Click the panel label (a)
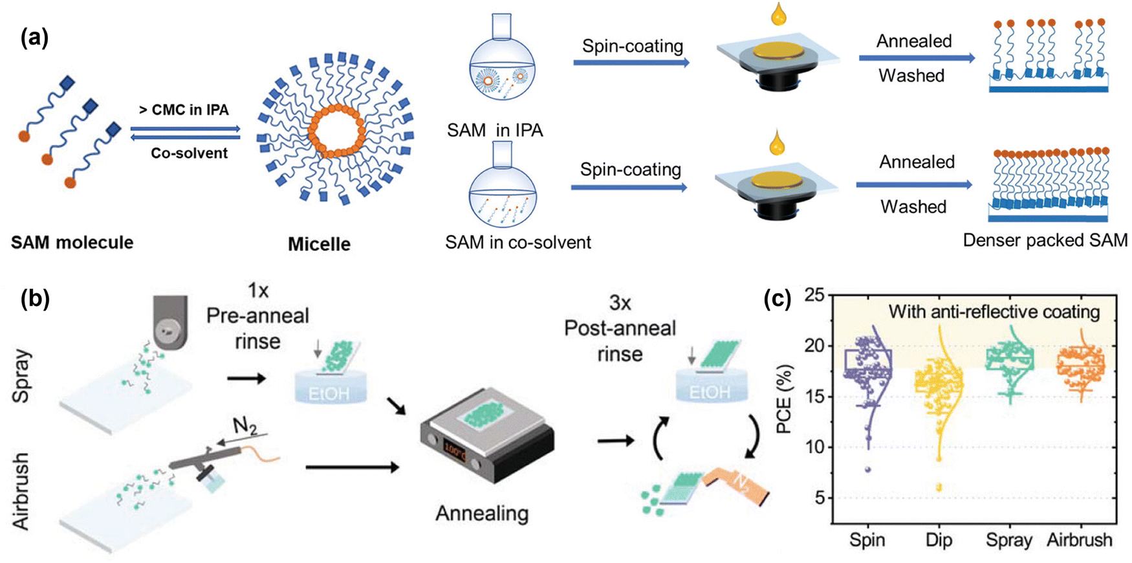(x=34, y=38)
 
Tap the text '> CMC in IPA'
(x=184, y=110)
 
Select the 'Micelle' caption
(x=319, y=244)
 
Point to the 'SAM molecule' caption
(x=72, y=243)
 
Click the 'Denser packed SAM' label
(x=1045, y=240)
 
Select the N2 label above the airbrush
(x=244, y=426)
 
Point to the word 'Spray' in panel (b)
(x=21, y=376)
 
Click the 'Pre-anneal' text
(x=257, y=316)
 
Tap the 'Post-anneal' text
(x=620, y=328)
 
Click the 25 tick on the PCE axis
(x=814, y=295)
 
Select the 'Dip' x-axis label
(x=939, y=540)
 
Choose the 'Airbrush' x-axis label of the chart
(x=1080, y=540)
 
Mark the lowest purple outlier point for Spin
(x=867, y=469)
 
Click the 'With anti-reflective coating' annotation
(x=994, y=312)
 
